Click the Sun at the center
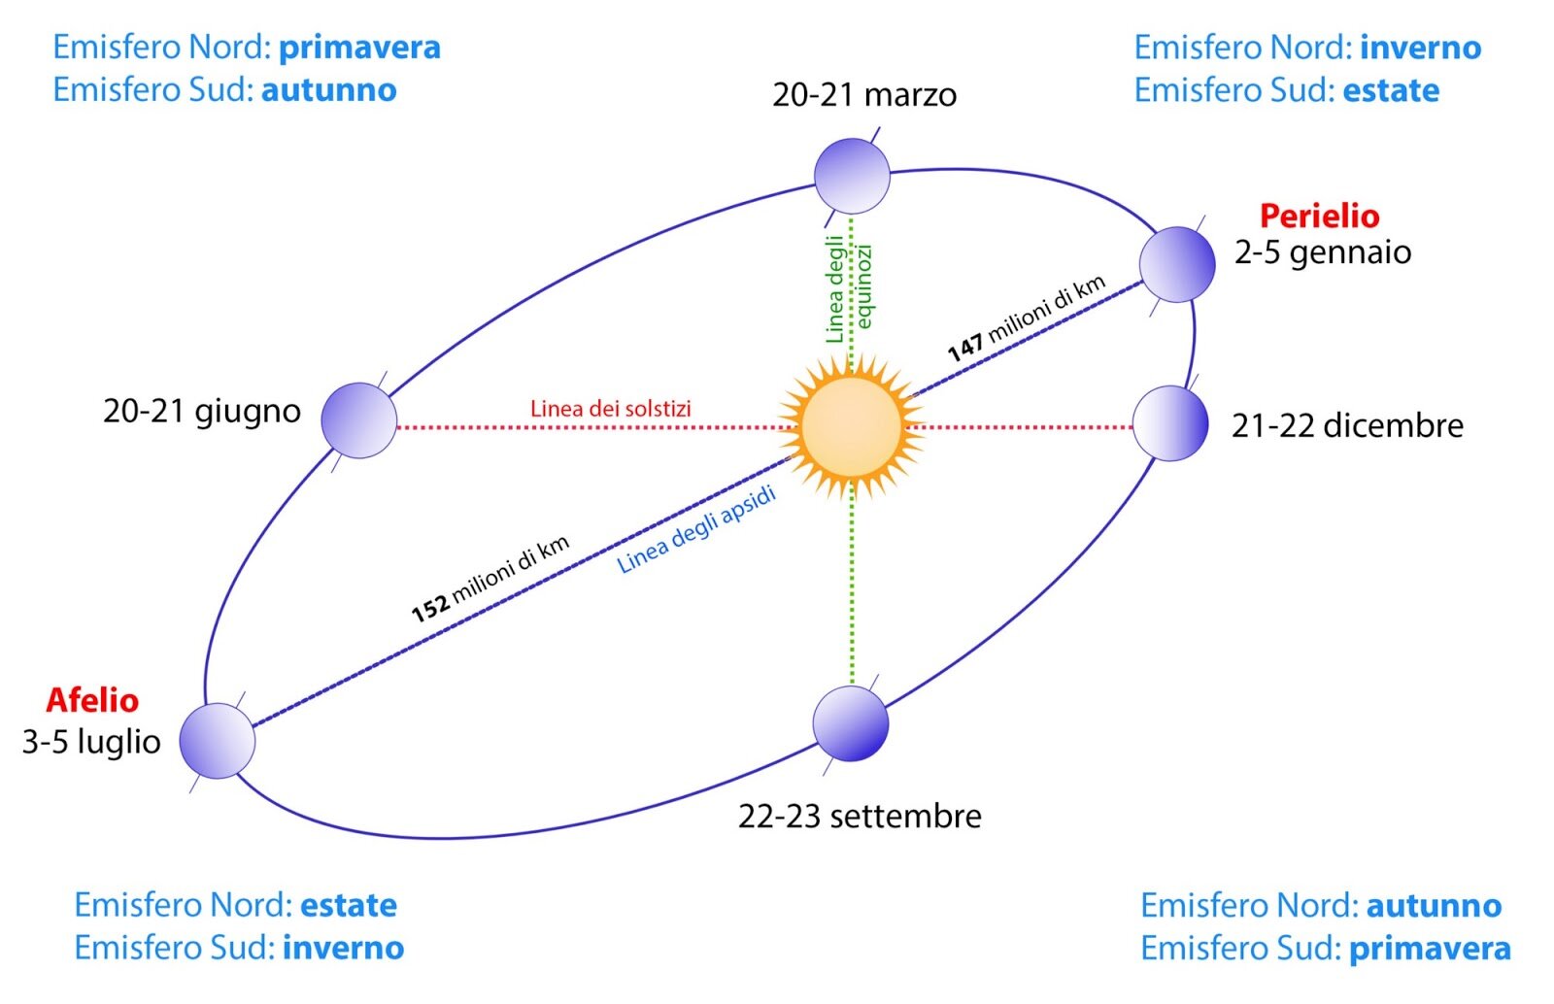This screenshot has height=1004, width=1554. click(x=852, y=426)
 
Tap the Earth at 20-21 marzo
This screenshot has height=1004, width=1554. click(x=852, y=176)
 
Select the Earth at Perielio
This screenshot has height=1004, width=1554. click(x=1176, y=264)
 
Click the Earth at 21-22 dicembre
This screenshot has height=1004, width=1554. click(x=1170, y=423)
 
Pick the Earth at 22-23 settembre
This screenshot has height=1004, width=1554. click(x=851, y=723)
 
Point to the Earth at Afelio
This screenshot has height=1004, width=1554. click(x=218, y=741)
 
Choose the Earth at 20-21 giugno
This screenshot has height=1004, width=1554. click(x=359, y=420)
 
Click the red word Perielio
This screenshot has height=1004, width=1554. click(x=1319, y=216)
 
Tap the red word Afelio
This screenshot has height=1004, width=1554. click(x=92, y=700)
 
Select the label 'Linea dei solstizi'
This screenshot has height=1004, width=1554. click(x=610, y=409)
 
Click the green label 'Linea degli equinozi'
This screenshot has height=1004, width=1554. click(x=849, y=289)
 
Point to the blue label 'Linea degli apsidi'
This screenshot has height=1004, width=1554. click(x=696, y=530)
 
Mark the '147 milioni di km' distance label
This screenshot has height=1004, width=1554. click(x=1027, y=318)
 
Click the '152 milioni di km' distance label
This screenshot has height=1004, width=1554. click(x=490, y=579)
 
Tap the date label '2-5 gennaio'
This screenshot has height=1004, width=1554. click(x=1323, y=252)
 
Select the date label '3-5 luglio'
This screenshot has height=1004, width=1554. click(x=91, y=742)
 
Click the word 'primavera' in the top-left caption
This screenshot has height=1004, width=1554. click(x=359, y=48)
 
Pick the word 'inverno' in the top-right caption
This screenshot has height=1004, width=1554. click(x=1420, y=48)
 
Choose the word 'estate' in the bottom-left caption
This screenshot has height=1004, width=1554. click(x=349, y=905)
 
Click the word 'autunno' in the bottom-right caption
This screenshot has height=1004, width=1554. click(x=1434, y=905)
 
